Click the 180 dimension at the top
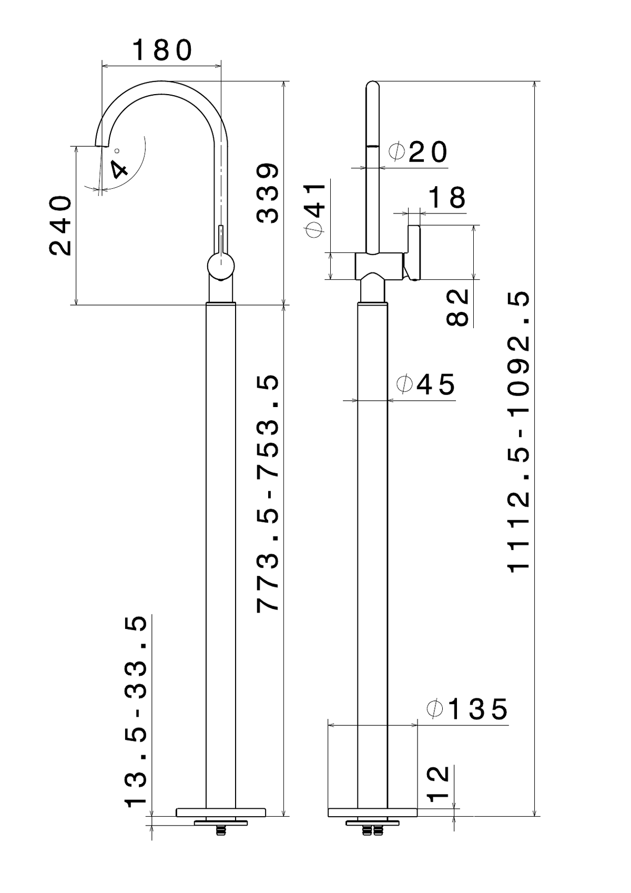click(x=162, y=50)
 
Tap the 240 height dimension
click(x=60, y=225)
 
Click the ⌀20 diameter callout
click(x=418, y=152)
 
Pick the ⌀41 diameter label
click(x=315, y=210)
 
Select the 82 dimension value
click(x=457, y=307)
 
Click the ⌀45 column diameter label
click(x=426, y=384)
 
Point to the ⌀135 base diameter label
click(x=467, y=709)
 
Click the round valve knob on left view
click(x=221, y=266)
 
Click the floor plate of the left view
click(x=221, y=812)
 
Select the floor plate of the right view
click(x=372, y=812)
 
